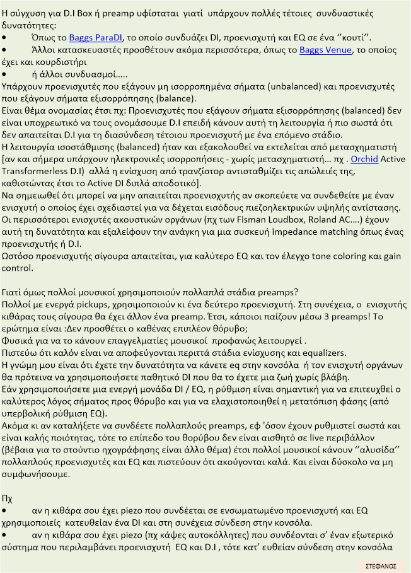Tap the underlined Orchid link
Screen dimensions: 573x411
364,160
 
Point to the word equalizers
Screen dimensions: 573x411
323,352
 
